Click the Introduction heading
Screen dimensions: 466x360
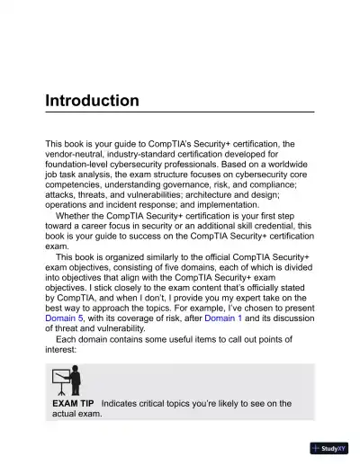[92, 100]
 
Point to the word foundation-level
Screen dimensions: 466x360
[84, 166]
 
